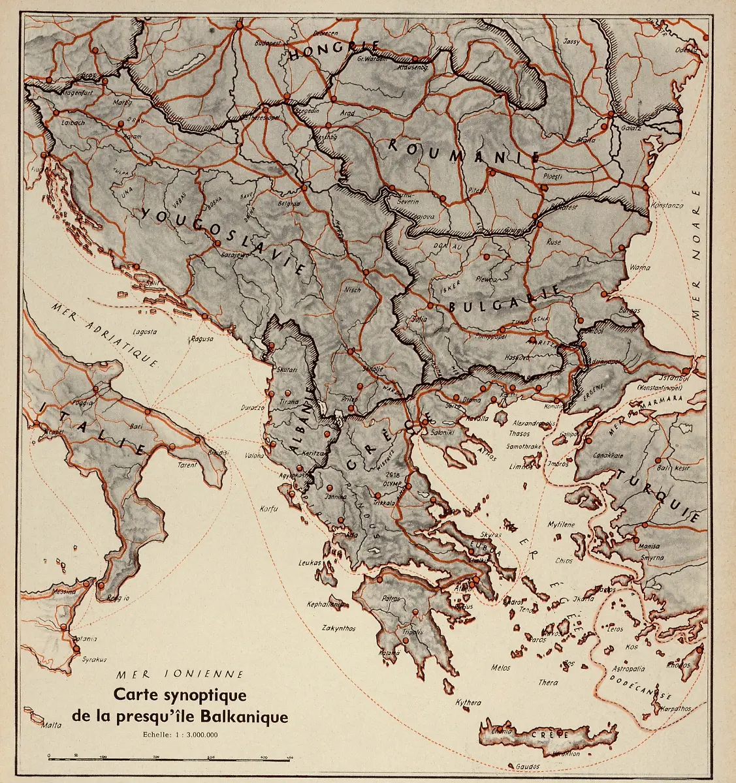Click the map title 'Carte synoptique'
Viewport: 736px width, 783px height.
point(180,695)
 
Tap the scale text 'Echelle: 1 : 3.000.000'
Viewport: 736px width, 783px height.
point(180,734)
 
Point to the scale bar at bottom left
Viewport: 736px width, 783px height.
point(170,757)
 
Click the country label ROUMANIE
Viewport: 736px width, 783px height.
point(464,151)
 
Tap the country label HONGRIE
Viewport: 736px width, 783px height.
point(334,51)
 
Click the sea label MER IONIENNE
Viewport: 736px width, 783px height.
point(180,674)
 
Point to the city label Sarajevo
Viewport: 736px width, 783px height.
point(235,255)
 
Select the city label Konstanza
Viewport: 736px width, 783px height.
point(667,206)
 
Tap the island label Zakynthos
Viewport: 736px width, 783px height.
point(339,628)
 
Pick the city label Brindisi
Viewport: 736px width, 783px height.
point(217,453)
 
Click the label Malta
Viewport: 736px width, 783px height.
point(51,725)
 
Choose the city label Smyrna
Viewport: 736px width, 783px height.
point(652,558)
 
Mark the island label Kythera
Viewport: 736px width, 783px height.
point(468,703)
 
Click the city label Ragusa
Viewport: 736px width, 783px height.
point(202,339)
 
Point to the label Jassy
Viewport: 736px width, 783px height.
point(571,41)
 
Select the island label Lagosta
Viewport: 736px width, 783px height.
point(144,331)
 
